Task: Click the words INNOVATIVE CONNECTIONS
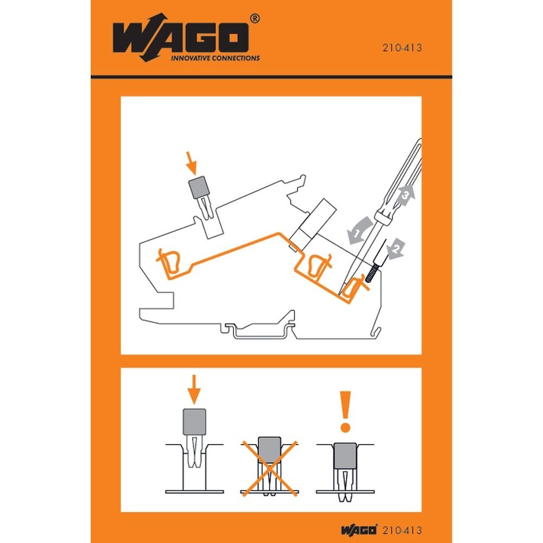[216, 58]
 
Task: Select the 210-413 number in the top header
[402, 47]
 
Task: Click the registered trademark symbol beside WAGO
[255, 18]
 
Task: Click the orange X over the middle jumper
[269, 468]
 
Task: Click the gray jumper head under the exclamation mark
[345, 454]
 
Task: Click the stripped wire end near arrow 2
[371, 271]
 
